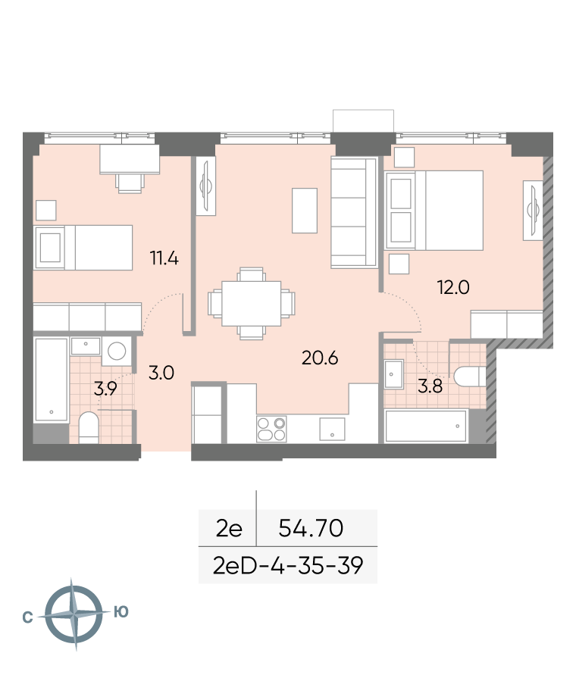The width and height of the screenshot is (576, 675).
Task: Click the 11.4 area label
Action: coord(164,258)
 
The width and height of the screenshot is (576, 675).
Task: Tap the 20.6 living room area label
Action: coord(320,358)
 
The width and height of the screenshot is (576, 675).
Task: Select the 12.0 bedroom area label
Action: coord(453,287)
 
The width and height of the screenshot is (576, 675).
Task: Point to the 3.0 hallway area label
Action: coord(161,373)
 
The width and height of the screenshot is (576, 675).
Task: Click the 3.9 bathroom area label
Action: coord(105,389)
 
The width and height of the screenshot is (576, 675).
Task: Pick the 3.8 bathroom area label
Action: coord(430,386)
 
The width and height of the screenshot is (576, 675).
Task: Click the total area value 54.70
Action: coord(311,528)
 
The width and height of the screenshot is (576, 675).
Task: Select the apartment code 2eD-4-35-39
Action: coord(288,565)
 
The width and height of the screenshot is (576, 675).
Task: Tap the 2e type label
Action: coord(229,528)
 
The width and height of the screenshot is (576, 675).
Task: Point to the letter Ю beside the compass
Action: coord(121,611)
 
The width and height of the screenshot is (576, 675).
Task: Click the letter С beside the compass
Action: coord(27,617)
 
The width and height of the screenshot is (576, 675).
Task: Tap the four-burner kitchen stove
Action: coord(271,429)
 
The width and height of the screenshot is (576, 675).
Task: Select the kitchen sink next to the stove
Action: coord(332,429)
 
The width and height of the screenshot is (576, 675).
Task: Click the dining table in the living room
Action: coord(251,304)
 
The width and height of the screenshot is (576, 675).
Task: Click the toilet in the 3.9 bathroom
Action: coord(89,427)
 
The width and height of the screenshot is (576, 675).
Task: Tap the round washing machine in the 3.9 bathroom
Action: coord(116,352)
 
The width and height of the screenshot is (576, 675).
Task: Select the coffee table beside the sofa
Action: coord(305,211)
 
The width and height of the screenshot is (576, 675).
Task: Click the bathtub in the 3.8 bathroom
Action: coord(426,427)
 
